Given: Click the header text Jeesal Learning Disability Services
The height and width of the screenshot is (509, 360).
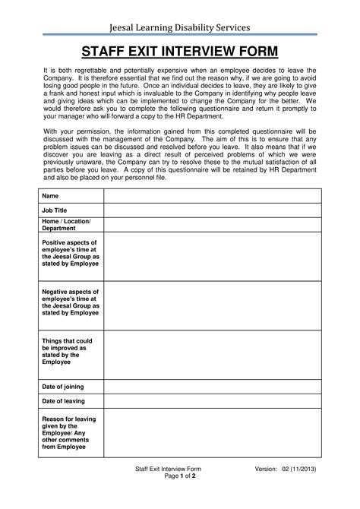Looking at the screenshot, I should click(179, 27).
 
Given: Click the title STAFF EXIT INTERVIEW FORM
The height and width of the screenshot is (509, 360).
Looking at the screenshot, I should click(179, 52).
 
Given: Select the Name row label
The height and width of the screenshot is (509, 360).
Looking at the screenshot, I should click(50, 196).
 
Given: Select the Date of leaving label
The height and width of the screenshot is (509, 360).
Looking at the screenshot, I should click(63, 401).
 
